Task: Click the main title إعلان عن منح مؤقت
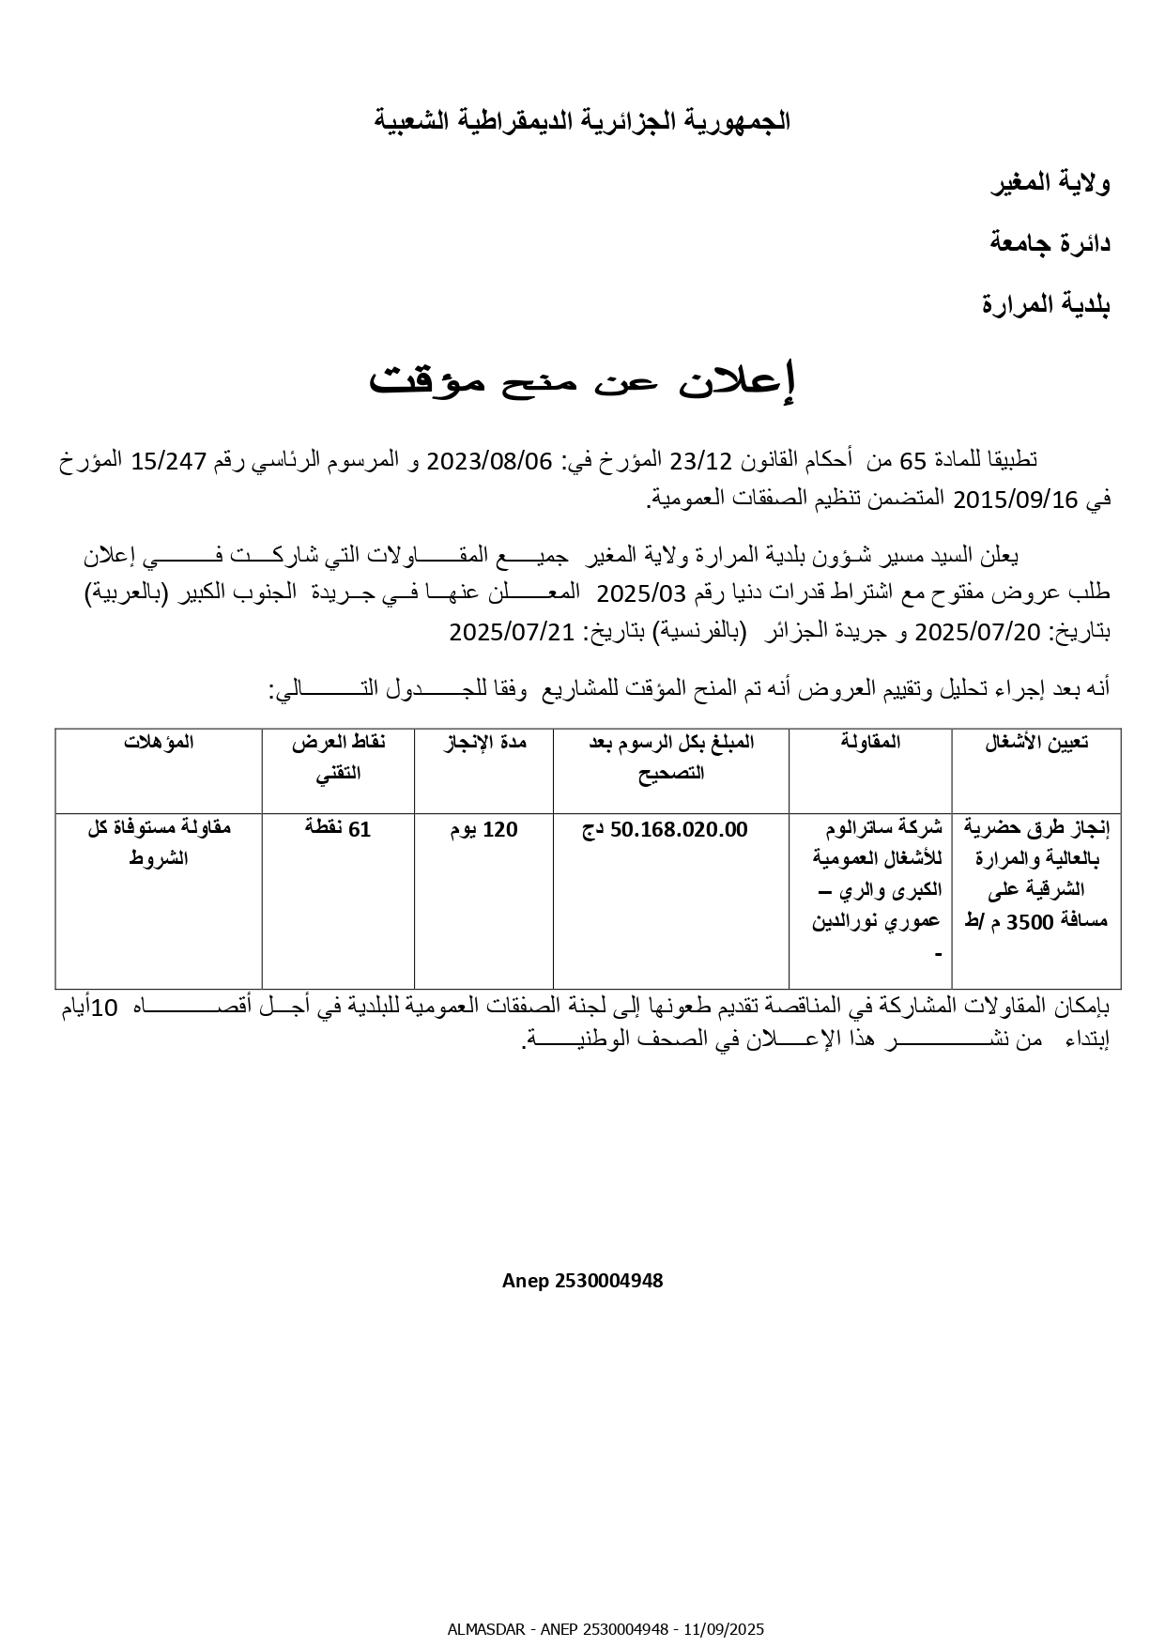tap(582, 380)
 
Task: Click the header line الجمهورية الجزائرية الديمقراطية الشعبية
tap(582, 121)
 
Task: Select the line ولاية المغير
tap(1050, 183)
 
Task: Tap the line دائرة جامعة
tap(1050, 243)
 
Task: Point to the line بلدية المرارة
tap(1046, 304)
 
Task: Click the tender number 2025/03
tap(630, 593)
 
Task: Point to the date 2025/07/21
tap(511, 632)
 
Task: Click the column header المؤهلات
tap(159, 743)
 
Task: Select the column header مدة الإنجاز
tap(484, 743)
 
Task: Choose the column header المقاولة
tap(870, 743)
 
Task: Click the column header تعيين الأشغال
tap(1036, 743)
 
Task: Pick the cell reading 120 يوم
tap(484, 830)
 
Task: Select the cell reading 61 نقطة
tap(338, 829)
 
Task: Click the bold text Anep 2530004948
tap(582, 1281)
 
